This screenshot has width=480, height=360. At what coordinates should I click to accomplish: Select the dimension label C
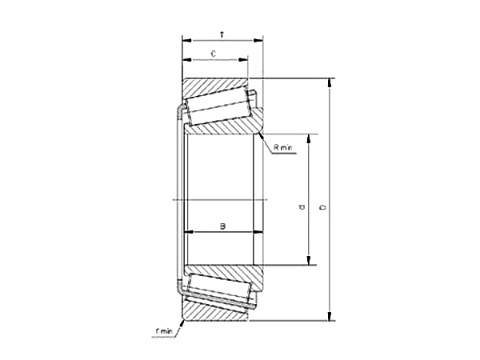213,54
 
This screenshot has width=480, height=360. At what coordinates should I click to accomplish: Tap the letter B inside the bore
223,226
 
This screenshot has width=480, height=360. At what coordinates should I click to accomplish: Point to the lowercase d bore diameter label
302,208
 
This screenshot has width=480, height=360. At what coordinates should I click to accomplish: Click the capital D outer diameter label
322,208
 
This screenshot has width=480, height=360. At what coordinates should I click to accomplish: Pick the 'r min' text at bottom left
165,330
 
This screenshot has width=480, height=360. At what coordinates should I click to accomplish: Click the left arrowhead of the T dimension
186,38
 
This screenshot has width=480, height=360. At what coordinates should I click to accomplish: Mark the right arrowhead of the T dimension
260,38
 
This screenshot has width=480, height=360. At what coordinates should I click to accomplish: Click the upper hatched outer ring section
212,86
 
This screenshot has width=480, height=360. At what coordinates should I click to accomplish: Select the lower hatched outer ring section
212,313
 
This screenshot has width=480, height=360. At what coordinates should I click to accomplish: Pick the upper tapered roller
218,106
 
